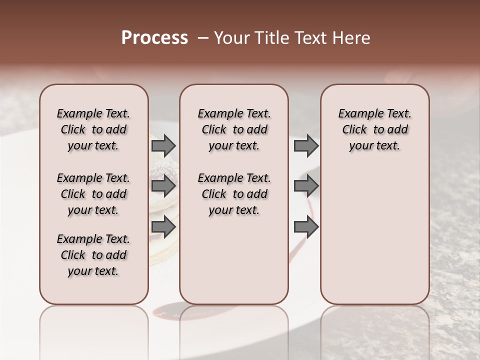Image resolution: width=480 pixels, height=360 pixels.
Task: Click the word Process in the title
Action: [154, 38]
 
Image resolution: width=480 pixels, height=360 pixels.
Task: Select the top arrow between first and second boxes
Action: [163, 145]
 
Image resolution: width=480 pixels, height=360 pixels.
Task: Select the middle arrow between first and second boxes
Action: [163, 186]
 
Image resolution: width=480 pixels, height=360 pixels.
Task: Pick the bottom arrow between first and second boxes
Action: [163, 227]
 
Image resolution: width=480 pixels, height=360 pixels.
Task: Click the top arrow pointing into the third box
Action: [306, 145]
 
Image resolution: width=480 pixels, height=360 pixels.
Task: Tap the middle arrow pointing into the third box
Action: [306, 186]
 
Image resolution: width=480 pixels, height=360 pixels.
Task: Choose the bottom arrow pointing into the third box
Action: [306, 227]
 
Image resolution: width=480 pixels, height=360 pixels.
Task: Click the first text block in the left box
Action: [93, 129]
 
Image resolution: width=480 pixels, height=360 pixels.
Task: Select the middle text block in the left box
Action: [93, 194]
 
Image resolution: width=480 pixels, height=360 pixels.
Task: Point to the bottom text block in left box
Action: [93, 255]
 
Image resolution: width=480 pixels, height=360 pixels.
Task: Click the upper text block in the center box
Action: [234, 129]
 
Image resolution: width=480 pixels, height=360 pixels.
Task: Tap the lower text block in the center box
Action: [234, 194]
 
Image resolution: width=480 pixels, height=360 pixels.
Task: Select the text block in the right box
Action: [375, 129]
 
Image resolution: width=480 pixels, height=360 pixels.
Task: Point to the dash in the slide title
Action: [202, 38]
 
